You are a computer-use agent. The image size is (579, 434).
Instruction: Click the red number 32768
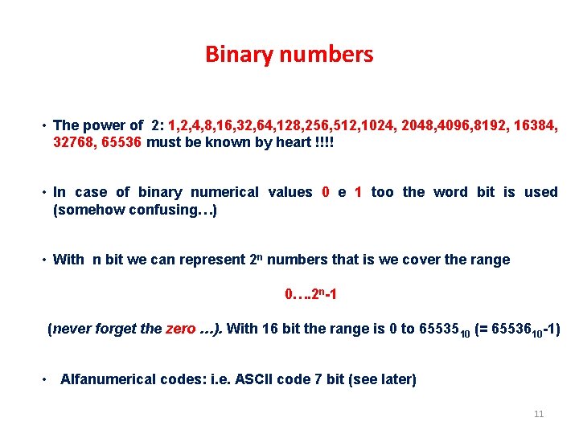coord(74,142)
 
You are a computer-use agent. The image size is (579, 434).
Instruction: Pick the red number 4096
coord(453,125)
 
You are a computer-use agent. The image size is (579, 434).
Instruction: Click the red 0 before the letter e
coord(325,192)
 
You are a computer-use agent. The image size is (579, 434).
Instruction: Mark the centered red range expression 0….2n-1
coord(310,294)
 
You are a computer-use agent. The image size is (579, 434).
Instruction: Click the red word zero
coord(180,329)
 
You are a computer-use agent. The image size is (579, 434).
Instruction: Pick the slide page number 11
coord(539,415)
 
